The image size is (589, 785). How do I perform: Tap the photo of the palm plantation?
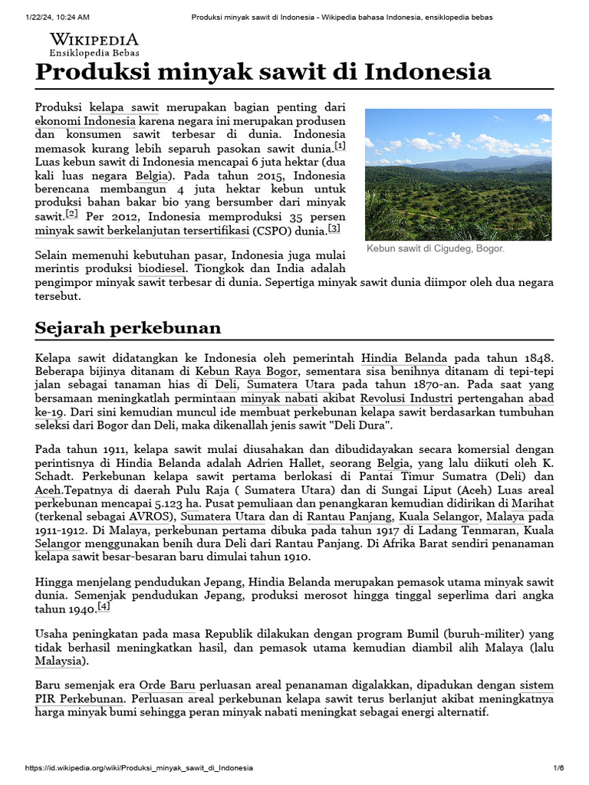point(458,175)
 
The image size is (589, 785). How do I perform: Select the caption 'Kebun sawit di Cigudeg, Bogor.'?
point(435,249)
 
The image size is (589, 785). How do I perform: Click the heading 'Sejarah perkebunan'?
point(128,328)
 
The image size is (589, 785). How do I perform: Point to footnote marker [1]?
point(340,146)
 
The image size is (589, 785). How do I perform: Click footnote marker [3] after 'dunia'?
point(334,228)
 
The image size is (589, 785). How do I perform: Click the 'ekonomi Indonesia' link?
point(85,121)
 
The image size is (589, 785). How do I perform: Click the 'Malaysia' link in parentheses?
point(61,661)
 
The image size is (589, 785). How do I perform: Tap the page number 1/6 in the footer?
point(558,767)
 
